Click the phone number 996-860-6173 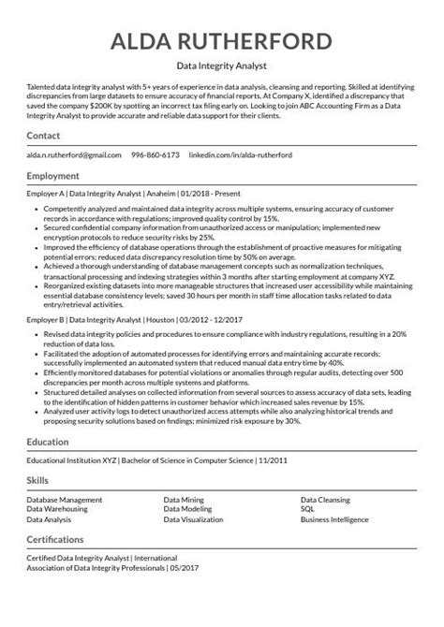click(155, 153)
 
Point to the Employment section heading click(52, 175)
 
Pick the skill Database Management click(65, 501)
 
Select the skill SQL click(307, 509)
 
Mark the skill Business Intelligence click(334, 518)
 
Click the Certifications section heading click(59, 539)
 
